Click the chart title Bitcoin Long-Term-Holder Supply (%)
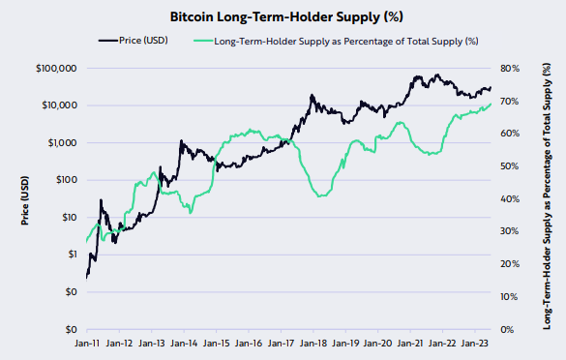(283, 17)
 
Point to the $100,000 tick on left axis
(57, 69)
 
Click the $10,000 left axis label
(59, 105)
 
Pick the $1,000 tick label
(62, 143)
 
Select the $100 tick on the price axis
(66, 180)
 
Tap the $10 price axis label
(69, 218)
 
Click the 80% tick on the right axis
(510, 69)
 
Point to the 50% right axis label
(510, 166)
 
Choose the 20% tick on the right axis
(510, 264)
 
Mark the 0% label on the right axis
(508, 330)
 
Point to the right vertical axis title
(551, 198)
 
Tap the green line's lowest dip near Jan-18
(322, 196)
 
